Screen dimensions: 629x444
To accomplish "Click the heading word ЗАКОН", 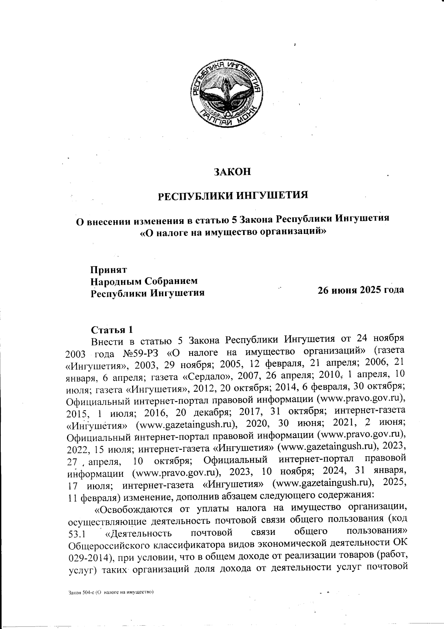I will click(233, 172).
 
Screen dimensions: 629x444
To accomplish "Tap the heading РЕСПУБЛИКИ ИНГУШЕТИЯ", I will click(233, 195).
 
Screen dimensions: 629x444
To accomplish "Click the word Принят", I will click(109, 269).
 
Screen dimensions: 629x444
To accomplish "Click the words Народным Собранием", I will click(144, 281).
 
